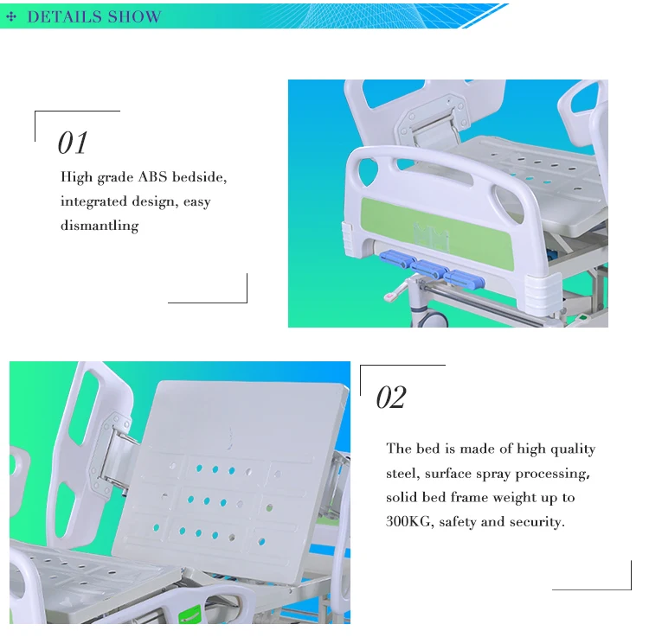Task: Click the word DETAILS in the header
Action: point(65,16)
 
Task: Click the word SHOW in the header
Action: point(134,16)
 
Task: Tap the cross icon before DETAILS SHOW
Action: point(11,16)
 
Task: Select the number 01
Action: point(73,143)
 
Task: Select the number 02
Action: point(391,398)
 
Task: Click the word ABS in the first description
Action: point(152,177)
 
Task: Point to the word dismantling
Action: point(100,226)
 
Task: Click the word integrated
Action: point(93,201)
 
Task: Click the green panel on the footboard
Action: point(437,234)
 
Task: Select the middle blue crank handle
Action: point(429,269)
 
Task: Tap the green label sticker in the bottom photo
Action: point(190,614)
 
